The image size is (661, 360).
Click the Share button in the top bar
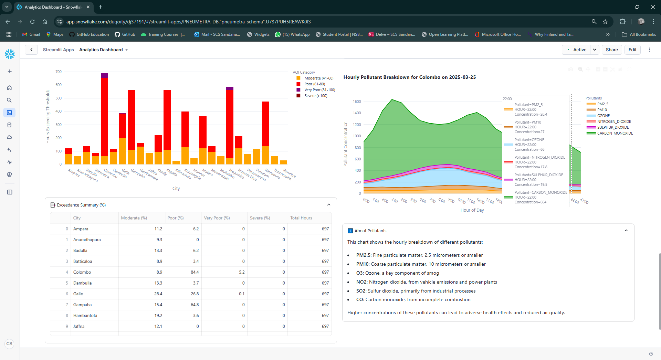pyautogui.click(x=611, y=50)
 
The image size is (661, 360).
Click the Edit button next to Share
pyautogui.click(x=632, y=50)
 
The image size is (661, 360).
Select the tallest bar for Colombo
pyautogui.click(x=104, y=117)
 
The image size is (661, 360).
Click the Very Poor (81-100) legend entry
pyautogui.click(x=319, y=90)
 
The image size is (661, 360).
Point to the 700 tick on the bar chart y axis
pyautogui.click(x=59, y=72)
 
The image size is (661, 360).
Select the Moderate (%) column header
pyautogui.click(x=134, y=218)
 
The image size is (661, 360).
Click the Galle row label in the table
pyautogui.click(x=78, y=294)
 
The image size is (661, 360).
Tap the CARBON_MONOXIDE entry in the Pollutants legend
pyautogui.click(x=615, y=133)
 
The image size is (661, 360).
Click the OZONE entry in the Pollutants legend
pyautogui.click(x=603, y=116)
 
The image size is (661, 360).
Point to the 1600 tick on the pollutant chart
pyautogui.click(x=357, y=102)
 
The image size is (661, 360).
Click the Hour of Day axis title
pyautogui.click(x=472, y=210)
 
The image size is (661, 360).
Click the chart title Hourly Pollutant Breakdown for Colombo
pyautogui.click(x=409, y=77)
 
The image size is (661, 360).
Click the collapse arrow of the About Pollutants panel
pyautogui.click(x=626, y=231)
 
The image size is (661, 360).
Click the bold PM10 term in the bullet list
pyautogui.click(x=362, y=264)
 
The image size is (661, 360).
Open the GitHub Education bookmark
pyautogui.click(x=89, y=34)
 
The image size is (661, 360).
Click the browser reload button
pyautogui.click(x=32, y=22)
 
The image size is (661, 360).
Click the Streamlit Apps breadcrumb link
pyautogui.click(x=58, y=50)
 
